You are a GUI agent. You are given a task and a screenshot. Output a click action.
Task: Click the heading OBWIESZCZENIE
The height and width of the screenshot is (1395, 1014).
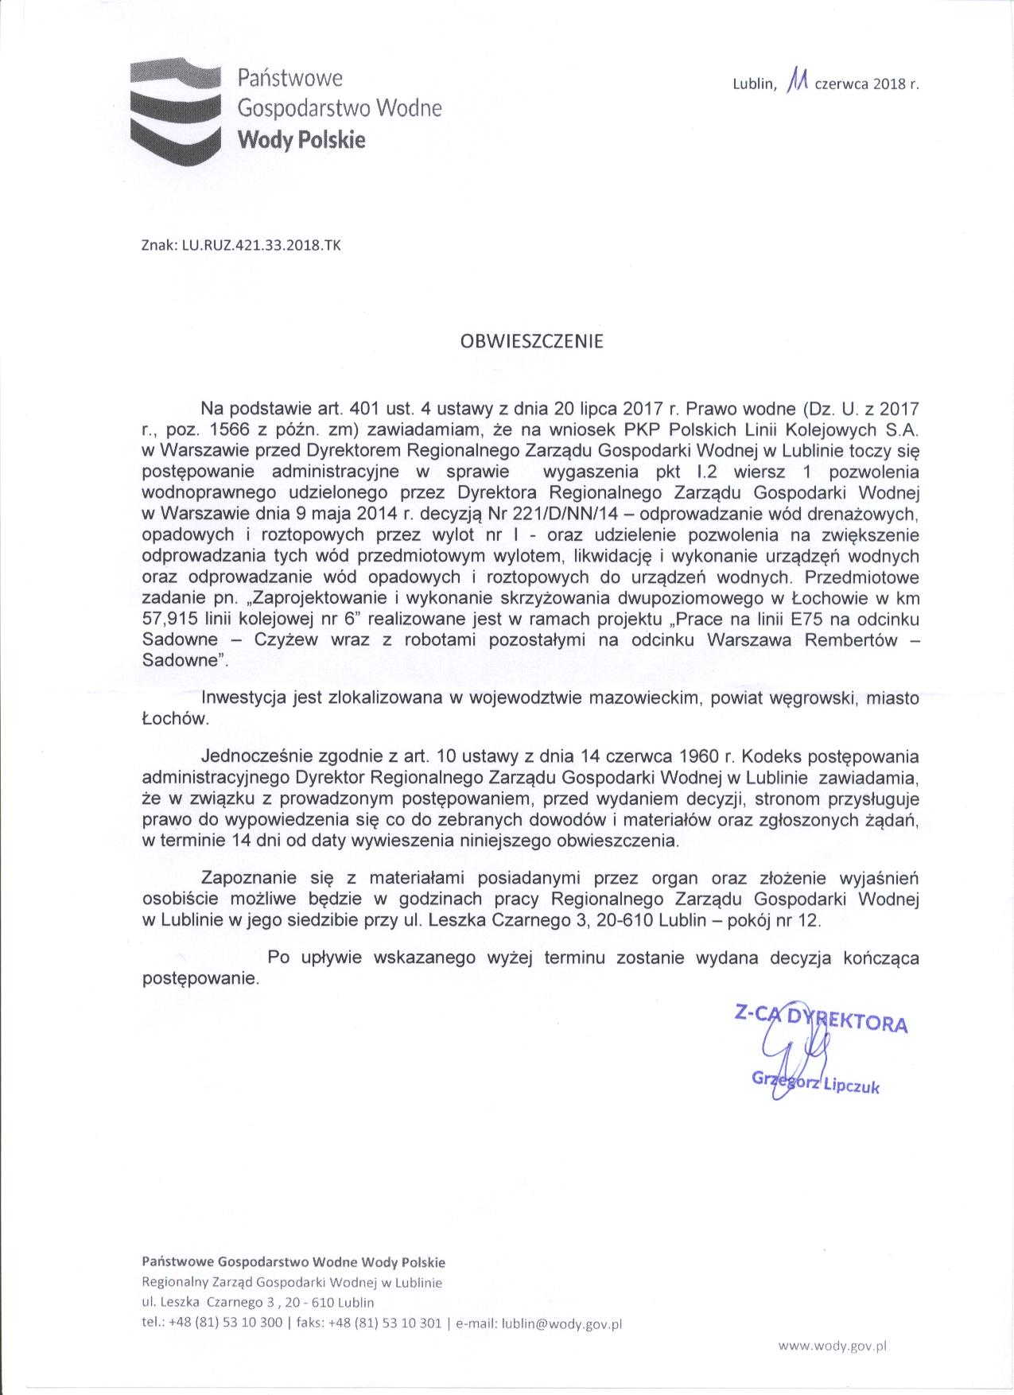click(532, 342)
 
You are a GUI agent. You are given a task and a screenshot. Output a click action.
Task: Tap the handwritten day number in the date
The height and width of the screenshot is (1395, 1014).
click(797, 80)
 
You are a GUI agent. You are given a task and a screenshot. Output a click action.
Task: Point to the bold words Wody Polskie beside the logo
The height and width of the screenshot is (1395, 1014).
click(302, 140)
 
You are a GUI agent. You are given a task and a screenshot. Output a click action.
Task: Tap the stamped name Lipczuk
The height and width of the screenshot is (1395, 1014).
click(850, 1085)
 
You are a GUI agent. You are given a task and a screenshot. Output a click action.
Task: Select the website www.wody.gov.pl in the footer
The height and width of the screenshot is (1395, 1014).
click(833, 1346)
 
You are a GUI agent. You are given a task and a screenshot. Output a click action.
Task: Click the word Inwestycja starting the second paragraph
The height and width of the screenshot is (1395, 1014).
click(242, 699)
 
